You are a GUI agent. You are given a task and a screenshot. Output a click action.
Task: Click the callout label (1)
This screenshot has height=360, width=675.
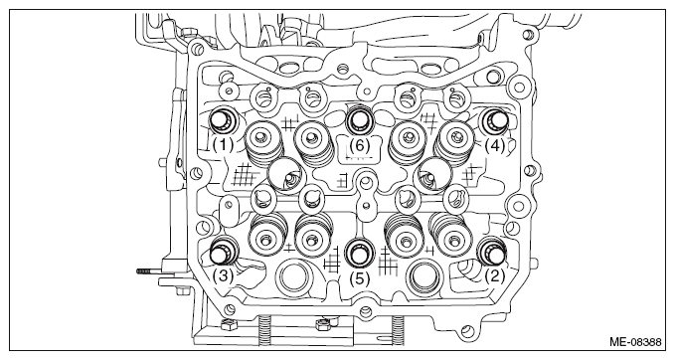pyautogui.click(x=223, y=145)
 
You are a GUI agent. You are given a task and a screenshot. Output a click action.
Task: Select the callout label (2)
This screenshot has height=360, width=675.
pyautogui.click(x=495, y=275)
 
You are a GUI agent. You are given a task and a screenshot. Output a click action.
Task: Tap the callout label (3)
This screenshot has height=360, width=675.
pyautogui.click(x=223, y=275)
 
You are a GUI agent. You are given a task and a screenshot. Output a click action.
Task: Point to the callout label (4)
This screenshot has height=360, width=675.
pyautogui.click(x=495, y=145)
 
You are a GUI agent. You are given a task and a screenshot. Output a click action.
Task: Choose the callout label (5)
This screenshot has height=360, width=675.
pyautogui.click(x=360, y=279)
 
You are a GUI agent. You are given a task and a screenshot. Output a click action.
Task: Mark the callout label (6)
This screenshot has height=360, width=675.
pyautogui.click(x=360, y=145)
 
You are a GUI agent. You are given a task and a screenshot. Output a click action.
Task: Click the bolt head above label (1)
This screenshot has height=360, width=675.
pyautogui.click(x=223, y=120)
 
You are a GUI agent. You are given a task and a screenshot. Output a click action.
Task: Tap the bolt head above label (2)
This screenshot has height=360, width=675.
pyautogui.click(x=493, y=252)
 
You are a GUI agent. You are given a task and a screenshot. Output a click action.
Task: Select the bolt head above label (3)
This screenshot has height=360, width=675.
pyautogui.click(x=224, y=252)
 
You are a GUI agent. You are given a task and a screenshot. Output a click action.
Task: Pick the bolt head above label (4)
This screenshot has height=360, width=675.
pyautogui.click(x=495, y=120)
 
